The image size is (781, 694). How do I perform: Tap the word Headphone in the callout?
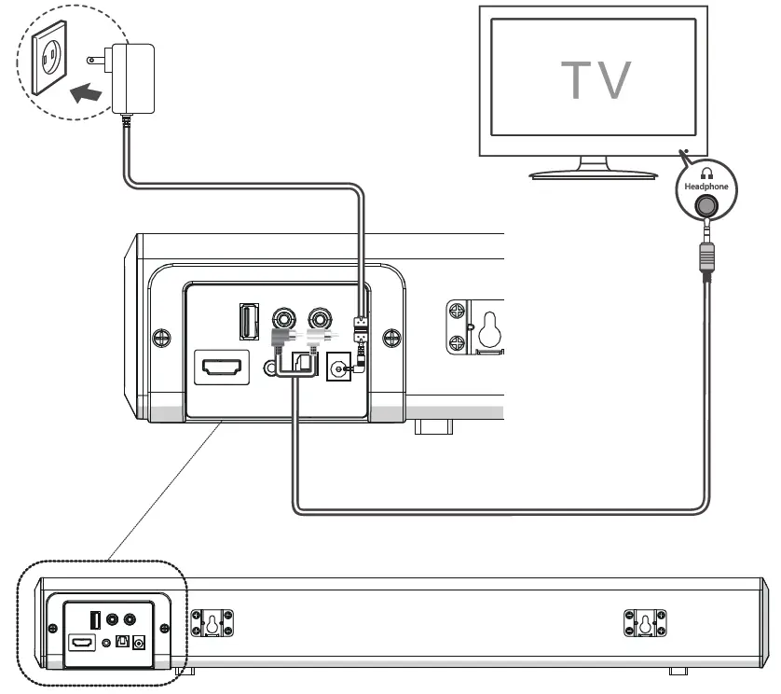point(706,186)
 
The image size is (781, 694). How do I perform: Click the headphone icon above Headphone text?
point(706,173)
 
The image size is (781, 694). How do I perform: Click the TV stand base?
point(594,172)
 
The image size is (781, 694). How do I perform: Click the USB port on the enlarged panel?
point(249,322)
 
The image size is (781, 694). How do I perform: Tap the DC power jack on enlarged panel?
point(337,372)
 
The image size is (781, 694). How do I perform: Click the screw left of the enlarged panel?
point(160,335)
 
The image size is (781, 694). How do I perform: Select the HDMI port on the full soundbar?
point(82,643)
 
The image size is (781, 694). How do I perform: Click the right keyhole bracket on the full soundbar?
point(644,625)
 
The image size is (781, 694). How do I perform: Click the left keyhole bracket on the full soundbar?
point(212,625)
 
